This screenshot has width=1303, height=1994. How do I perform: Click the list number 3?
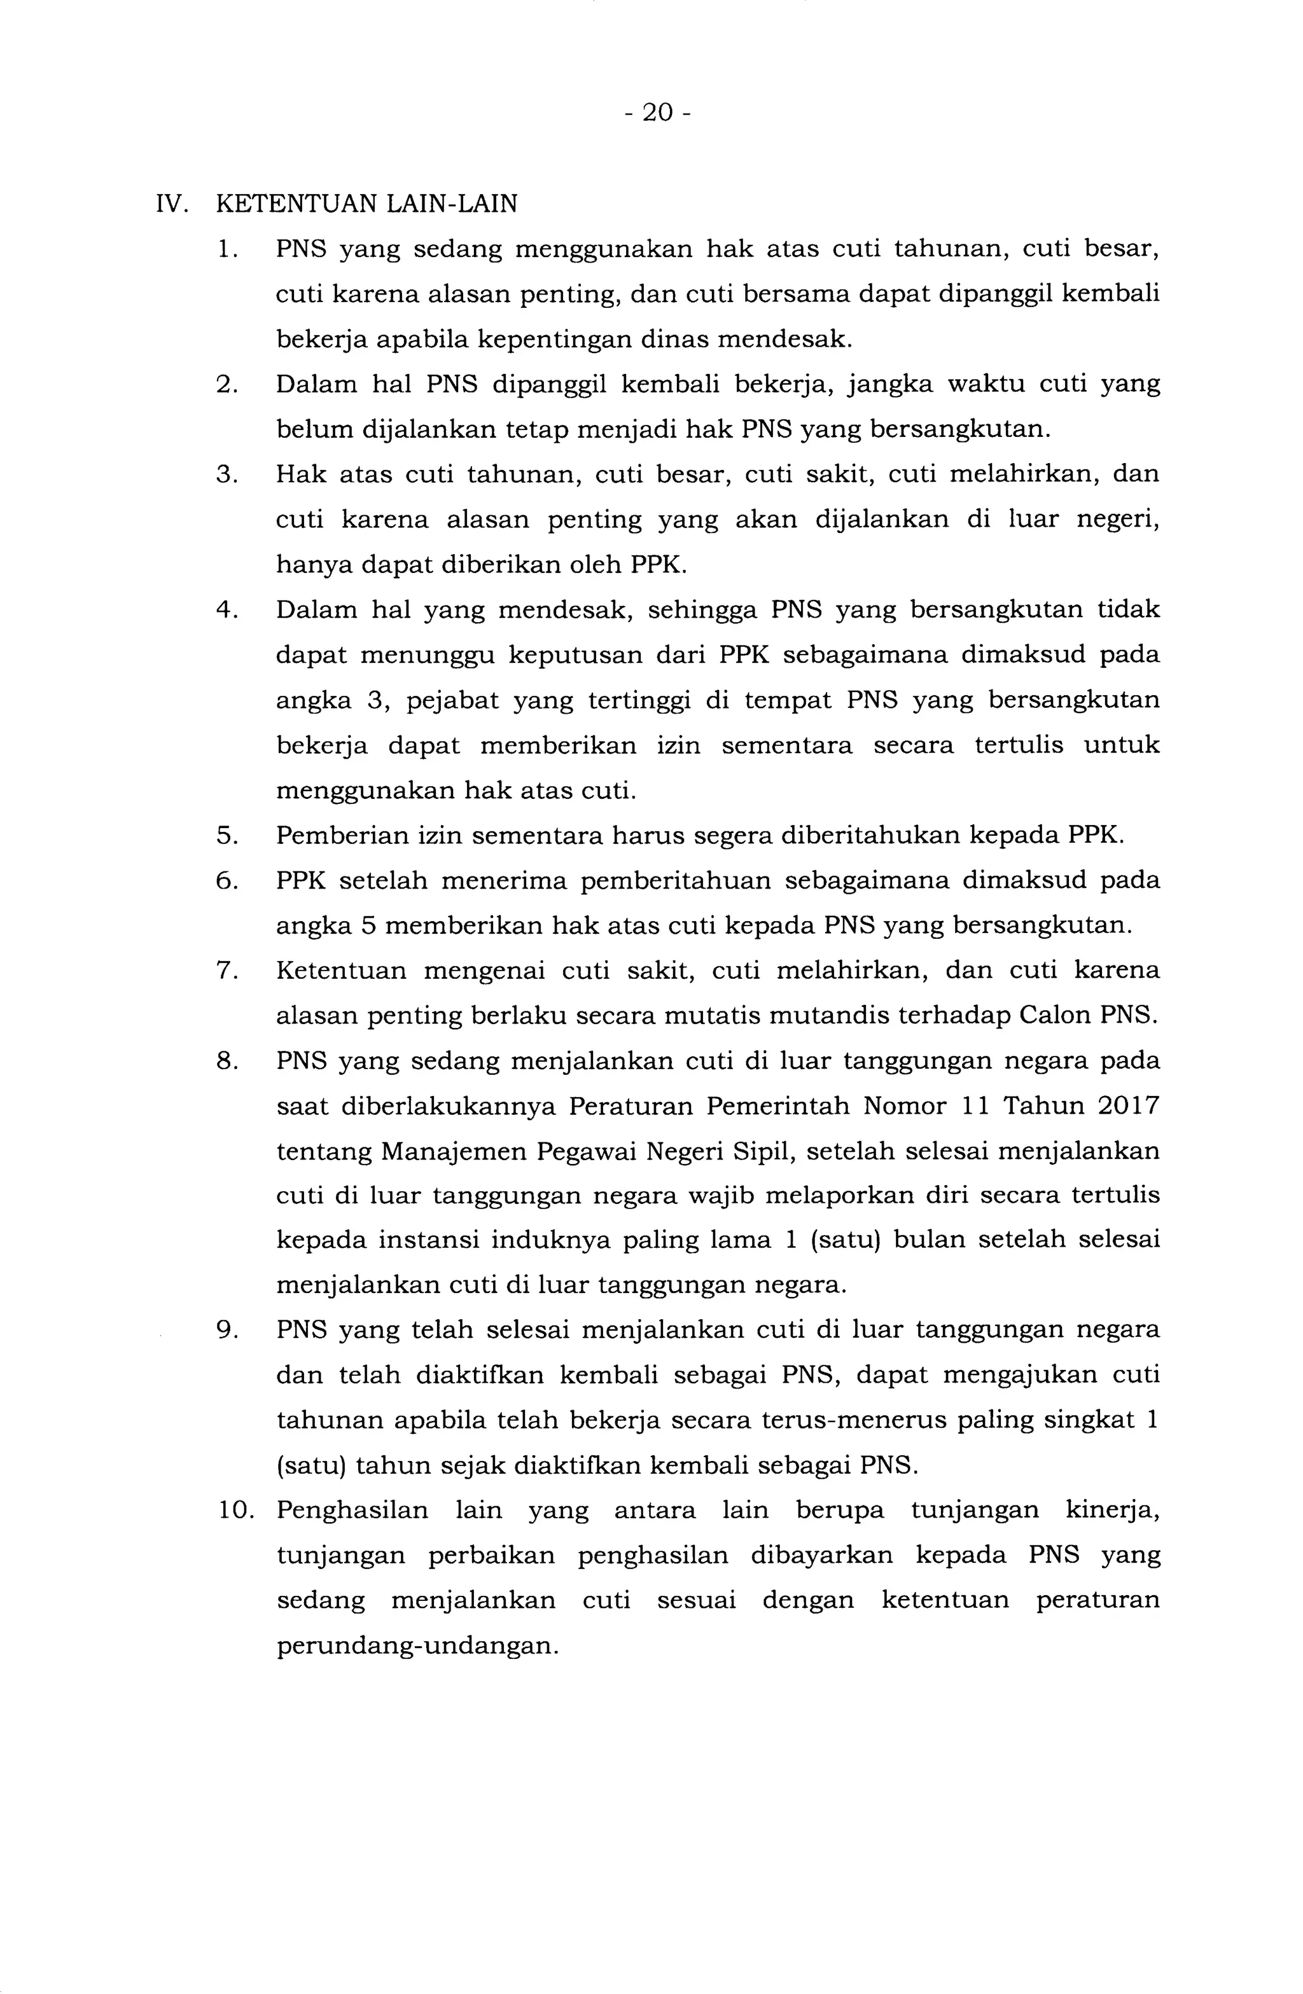[x=227, y=474]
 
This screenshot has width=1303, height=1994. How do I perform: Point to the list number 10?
[x=235, y=1511]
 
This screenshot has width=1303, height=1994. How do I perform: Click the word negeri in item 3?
[x=1116, y=520]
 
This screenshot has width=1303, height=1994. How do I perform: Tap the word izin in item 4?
[x=678, y=745]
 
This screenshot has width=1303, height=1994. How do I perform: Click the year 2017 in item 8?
[x=1125, y=1106]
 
